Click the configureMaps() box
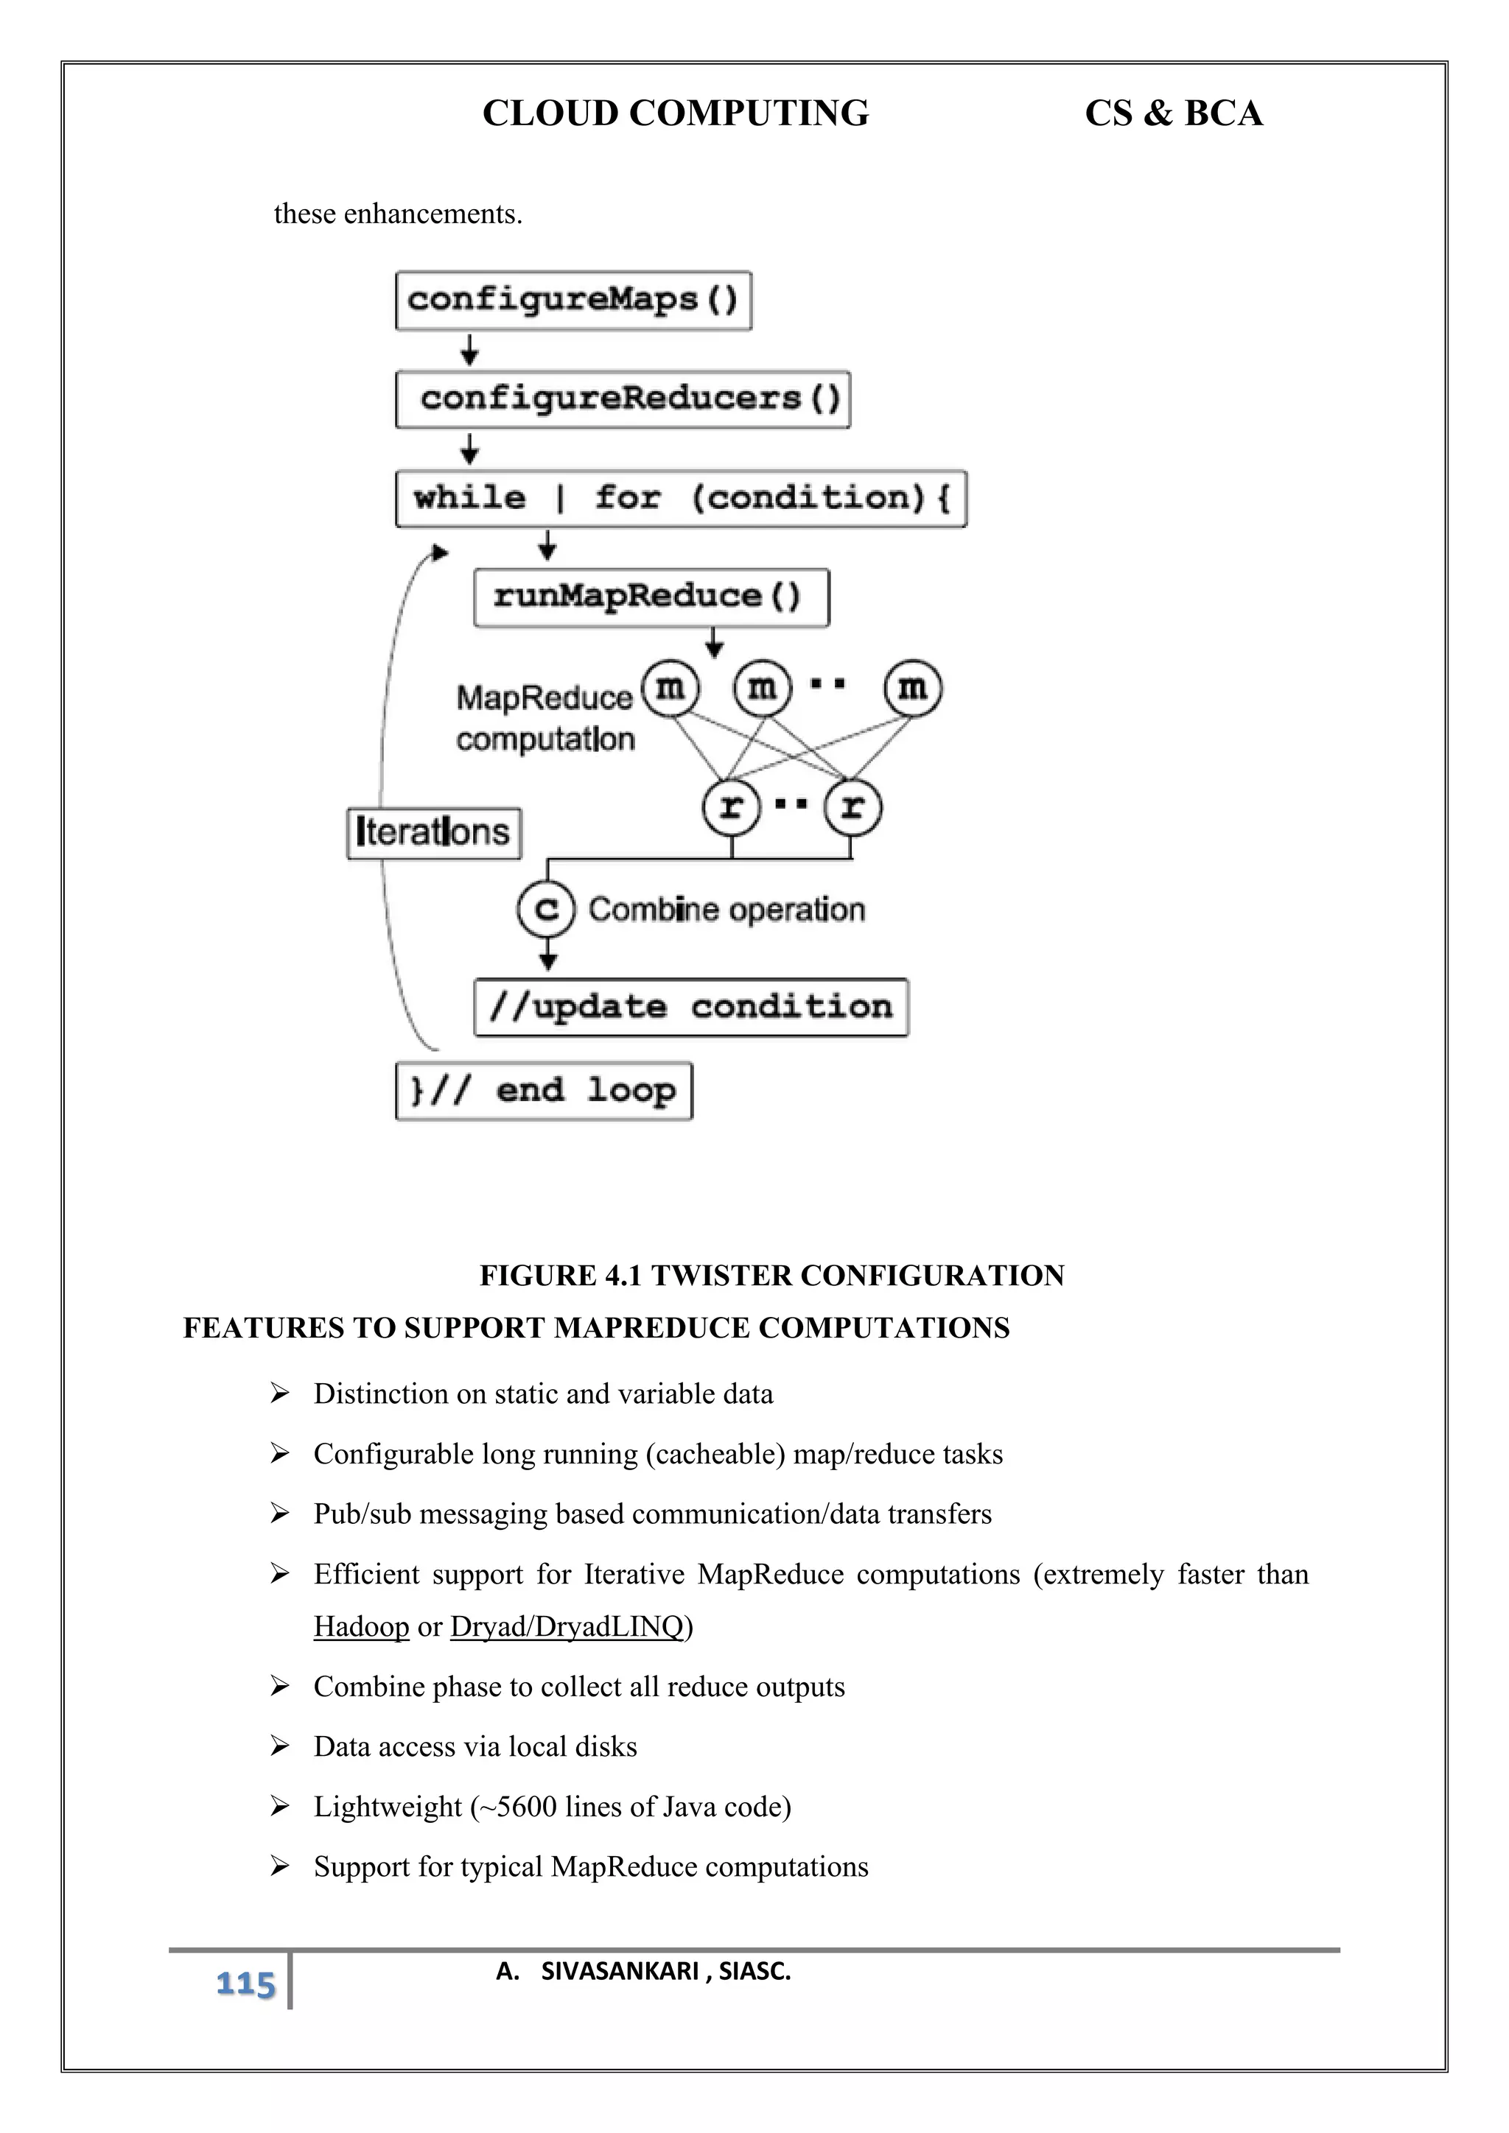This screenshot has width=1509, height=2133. pos(573,300)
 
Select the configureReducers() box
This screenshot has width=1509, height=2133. pos(623,399)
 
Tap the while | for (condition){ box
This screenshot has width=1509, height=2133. pos(681,499)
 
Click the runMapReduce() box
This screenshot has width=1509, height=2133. pos(651,597)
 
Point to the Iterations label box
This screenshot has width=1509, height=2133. pos(433,832)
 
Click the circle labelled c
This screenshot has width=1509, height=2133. pos(547,909)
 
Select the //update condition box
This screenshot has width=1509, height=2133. pos(690,1007)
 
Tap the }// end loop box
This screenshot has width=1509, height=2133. pos(544,1091)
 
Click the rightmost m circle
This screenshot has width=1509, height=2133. pos(912,689)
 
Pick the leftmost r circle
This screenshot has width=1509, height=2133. pos(731,807)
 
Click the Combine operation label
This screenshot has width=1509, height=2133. pos(726,910)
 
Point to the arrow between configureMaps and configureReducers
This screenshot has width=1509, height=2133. pos(470,351)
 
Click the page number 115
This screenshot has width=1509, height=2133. pos(245,1984)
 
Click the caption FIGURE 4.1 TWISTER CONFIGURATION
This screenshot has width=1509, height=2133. pos(771,1276)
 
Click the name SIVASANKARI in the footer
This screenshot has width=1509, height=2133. pos(620,1972)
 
